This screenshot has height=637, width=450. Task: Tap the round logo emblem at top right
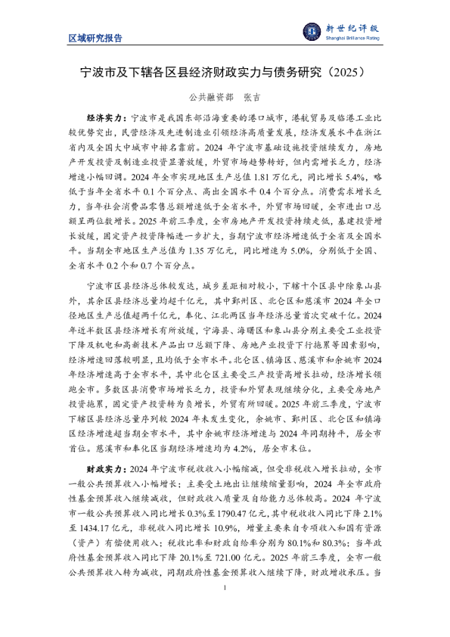point(312,31)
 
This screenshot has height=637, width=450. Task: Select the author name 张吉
point(249,98)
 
